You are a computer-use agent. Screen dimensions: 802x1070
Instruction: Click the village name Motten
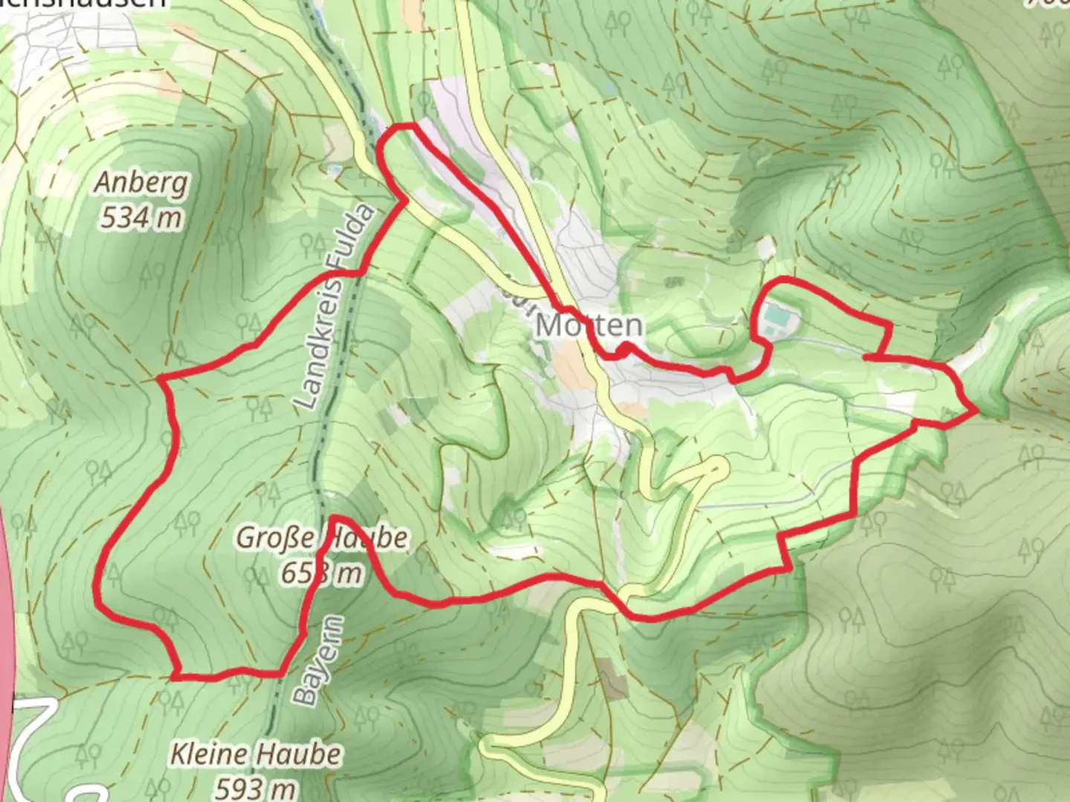click(588, 325)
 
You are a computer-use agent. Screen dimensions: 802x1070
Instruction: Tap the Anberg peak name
click(141, 183)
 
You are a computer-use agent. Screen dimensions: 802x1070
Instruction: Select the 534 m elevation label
click(141, 218)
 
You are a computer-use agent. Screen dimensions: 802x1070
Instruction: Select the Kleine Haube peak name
click(256, 754)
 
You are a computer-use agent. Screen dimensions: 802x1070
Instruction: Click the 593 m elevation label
click(256, 787)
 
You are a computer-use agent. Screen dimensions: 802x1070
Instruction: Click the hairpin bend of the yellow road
click(718, 466)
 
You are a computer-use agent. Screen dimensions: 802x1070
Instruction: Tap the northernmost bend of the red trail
click(401, 127)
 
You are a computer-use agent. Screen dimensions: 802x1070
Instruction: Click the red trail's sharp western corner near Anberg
click(160, 379)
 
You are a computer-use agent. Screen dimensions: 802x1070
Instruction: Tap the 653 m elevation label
click(322, 573)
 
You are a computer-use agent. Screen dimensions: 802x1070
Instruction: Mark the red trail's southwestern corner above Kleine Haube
click(176, 675)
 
